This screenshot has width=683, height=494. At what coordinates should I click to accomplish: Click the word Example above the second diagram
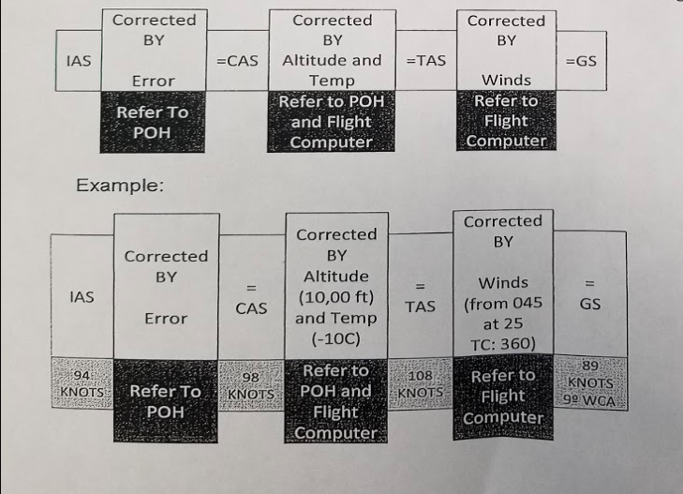pyautogui.click(x=119, y=186)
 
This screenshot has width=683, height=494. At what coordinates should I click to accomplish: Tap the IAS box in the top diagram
pyautogui.click(x=79, y=61)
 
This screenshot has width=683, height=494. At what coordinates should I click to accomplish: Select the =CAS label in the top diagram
pyautogui.click(x=237, y=61)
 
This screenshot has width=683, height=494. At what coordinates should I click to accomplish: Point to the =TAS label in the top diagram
pyautogui.click(x=425, y=61)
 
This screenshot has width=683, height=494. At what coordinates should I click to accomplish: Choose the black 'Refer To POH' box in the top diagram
pyautogui.click(x=152, y=122)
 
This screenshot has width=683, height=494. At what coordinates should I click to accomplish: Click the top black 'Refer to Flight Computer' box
pyautogui.click(x=506, y=121)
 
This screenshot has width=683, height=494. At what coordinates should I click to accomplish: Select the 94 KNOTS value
pyautogui.click(x=82, y=383)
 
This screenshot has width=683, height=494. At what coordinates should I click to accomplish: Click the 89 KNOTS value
pyautogui.click(x=590, y=374)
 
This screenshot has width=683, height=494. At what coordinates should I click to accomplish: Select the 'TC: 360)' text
pyautogui.click(x=503, y=343)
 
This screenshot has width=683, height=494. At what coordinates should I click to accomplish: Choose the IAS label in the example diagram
pyautogui.click(x=82, y=297)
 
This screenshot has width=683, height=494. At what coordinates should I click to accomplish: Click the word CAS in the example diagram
pyautogui.click(x=251, y=307)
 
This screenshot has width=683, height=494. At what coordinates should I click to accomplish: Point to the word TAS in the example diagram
pyautogui.click(x=420, y=307)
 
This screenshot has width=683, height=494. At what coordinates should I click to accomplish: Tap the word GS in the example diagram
pyautogui.click(x=590, y=305)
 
